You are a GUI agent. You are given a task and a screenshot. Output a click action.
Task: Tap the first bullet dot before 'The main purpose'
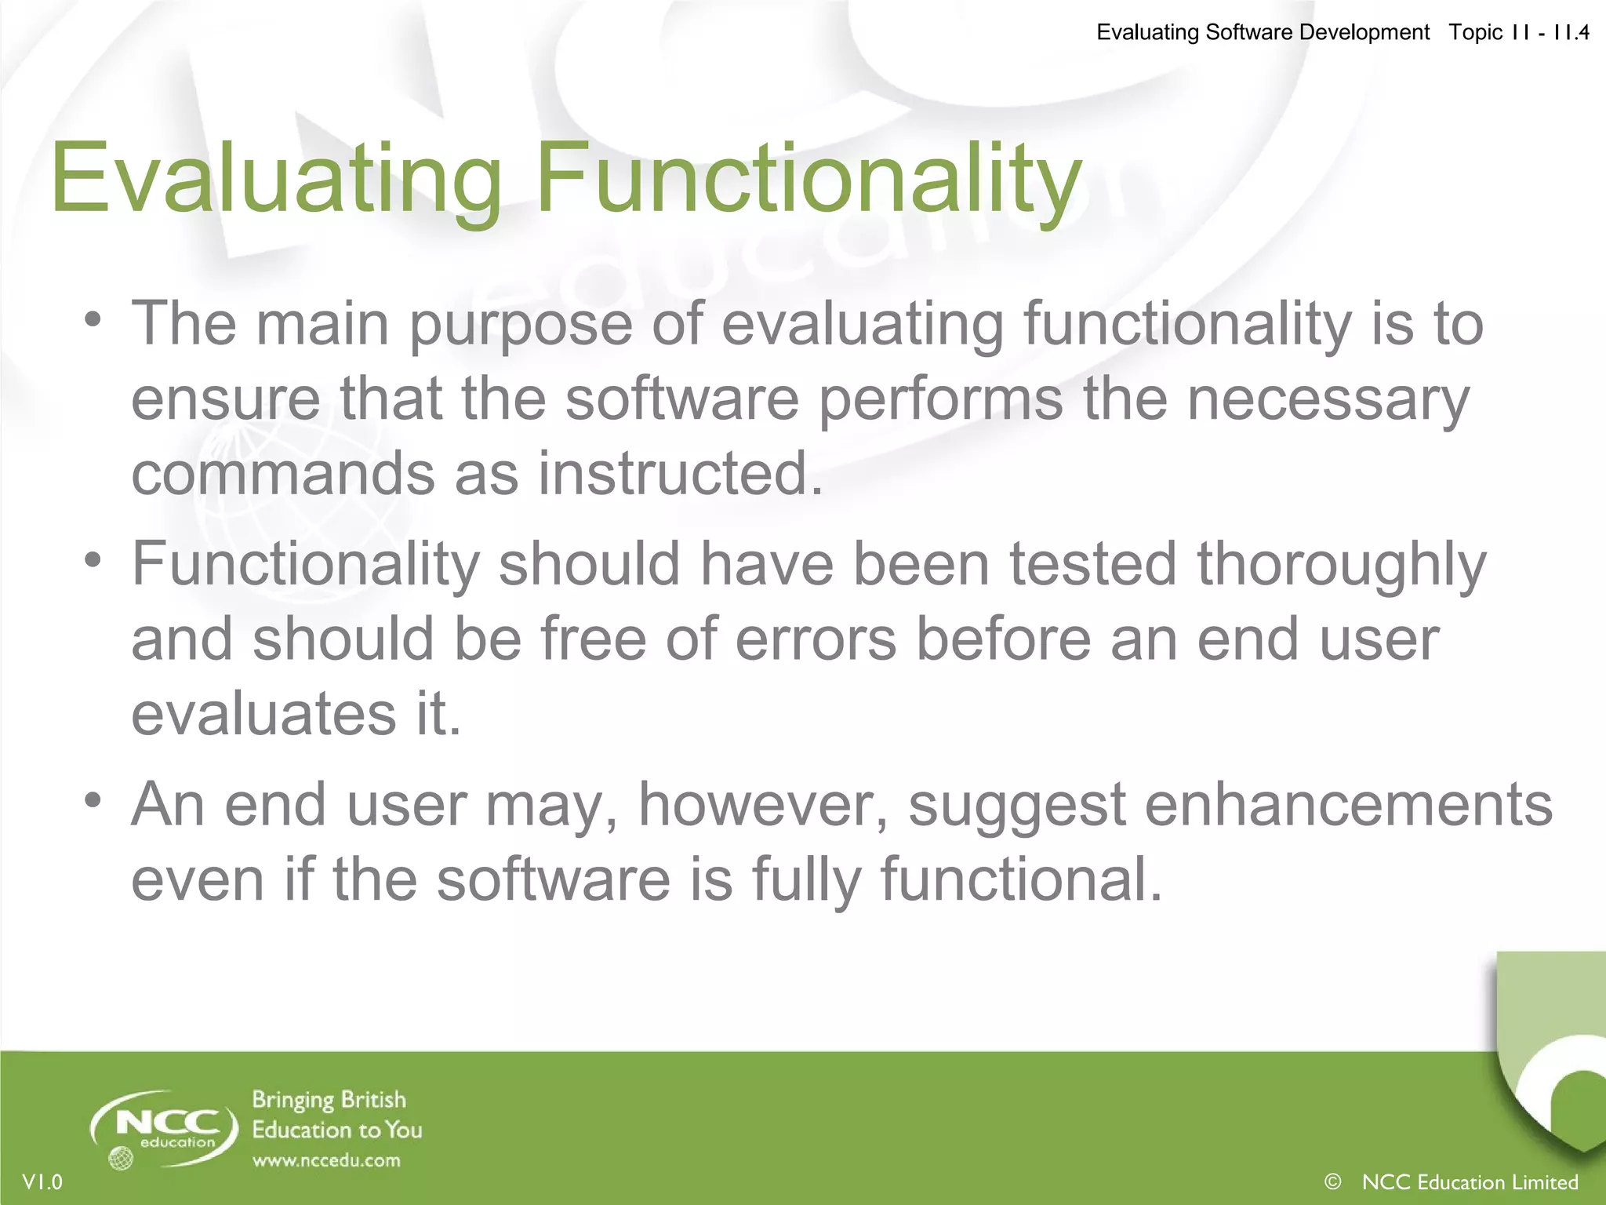click(x=93, y=320)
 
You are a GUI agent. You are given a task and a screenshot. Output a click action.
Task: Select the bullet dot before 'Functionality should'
click(x=93, y=560)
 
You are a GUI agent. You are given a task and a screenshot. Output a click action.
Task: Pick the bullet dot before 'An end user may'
click(x=93, y=801)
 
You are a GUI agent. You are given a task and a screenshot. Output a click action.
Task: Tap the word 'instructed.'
click(x=681, y=474)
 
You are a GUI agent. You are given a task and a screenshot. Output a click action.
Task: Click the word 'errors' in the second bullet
click(x=816, y=639)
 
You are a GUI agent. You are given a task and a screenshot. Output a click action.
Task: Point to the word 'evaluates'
click(x=263, y=715)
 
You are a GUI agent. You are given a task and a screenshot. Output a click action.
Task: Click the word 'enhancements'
click(x=1348, y=805)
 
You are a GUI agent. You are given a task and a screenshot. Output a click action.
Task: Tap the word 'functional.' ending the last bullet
click(x=1020, y=879)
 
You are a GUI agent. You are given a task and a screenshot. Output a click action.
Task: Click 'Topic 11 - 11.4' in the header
click(x=1518, y=32)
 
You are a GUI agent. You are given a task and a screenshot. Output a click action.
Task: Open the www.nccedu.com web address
click(x=325, y=1160)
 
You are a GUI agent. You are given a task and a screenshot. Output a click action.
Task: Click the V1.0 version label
click(x=42, y=1181)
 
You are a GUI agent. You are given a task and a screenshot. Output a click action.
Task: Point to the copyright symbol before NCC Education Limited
click(x=1332, y=1181)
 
